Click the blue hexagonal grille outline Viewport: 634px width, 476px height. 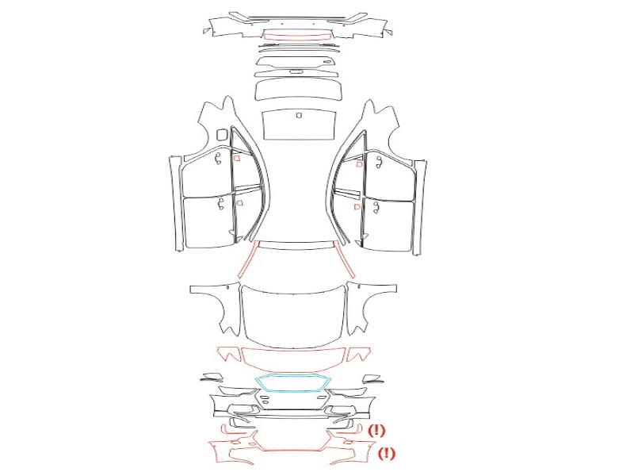293,376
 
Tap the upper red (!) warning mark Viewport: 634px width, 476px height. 376,430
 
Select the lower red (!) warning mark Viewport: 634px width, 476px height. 387,453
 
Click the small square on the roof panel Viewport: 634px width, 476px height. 299,115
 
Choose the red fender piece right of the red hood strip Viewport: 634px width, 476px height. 359,354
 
